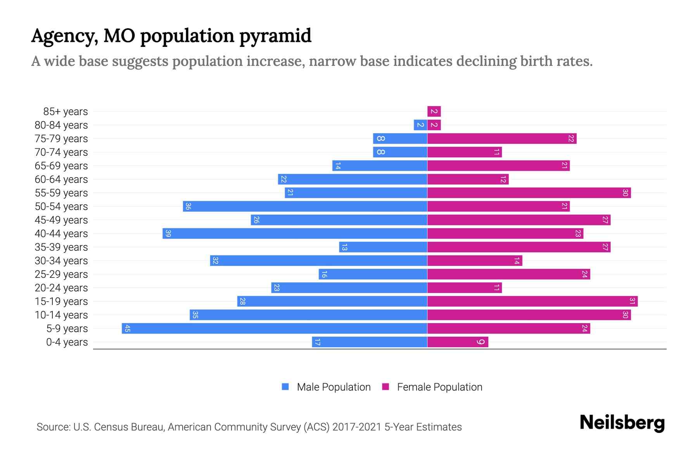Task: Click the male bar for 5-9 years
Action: click(x=275, y=329)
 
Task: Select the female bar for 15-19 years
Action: click(x=532, y=301)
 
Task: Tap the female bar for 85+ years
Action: click(x=434, y=112)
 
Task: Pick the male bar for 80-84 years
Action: click(x=420, y=125)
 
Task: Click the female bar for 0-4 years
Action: click(x=458, y=342)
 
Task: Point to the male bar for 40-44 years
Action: click(x=295, y=234)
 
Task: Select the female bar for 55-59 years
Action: click(x=529, y=193)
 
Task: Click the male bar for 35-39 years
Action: click(x=383, y=247)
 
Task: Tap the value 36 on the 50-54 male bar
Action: click(x=188, y=207)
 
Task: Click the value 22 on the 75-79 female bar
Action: click(x=571, y=139)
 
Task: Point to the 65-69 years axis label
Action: click(x=61, y=166)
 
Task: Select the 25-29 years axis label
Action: click(x=61, y=274)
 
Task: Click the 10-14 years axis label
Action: click(x=61, y=315)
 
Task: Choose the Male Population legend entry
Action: click(x=333, y=387)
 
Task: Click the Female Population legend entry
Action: click(x=439, y=387)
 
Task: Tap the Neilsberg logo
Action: click(x=622, y=423)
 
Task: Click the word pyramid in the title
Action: click(x=275, y=36)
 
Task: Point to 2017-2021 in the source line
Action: click(x=357, y=427)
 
